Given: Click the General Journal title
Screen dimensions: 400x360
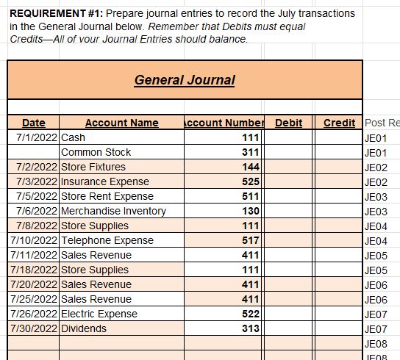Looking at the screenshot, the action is click(185, 80).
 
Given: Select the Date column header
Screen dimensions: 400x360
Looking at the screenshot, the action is click(33, 123).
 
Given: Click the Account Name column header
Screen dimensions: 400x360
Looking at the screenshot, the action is click(121, 123).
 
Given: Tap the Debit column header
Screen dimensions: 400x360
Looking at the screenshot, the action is click(288, 123).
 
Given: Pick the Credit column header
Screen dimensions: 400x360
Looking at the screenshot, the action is click(339, 123).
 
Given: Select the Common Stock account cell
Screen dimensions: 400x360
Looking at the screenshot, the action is click(96, 152).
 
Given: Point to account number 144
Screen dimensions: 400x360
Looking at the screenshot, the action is click(250, 167).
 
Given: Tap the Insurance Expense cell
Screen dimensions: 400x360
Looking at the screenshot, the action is click(104, 181).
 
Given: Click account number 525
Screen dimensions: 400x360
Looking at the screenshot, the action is click(250, 181).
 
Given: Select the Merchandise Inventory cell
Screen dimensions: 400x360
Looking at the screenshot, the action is click(113, 211).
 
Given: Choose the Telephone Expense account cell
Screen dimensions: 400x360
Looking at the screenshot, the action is click(107, 240).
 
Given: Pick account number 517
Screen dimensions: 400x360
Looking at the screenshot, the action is click(250, 240).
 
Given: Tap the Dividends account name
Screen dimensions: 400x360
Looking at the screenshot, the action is click(83, 328).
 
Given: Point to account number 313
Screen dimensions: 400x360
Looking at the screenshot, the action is click(250, 328).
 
